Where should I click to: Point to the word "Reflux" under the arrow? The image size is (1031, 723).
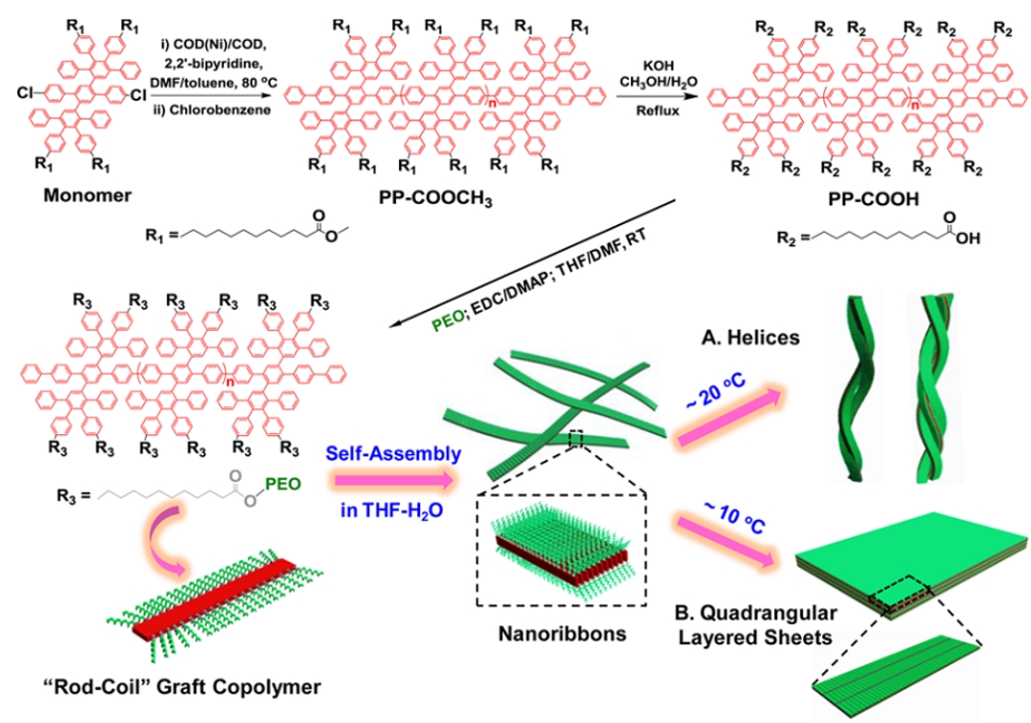657,112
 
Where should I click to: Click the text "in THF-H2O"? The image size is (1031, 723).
390,512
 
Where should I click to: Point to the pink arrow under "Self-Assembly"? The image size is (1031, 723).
392,482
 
